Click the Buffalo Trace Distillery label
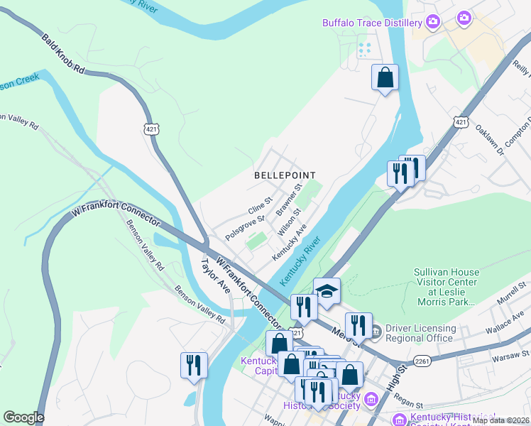coord(372,23)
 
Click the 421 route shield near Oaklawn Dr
coord(461,123)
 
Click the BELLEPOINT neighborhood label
coord(284,175)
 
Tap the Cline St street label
coord(260,207)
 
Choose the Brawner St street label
coord(289,200)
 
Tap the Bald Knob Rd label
coord(63,55)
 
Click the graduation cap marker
coord(327,291)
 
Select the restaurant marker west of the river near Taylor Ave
coord(194,365)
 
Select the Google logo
coord(23,417)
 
